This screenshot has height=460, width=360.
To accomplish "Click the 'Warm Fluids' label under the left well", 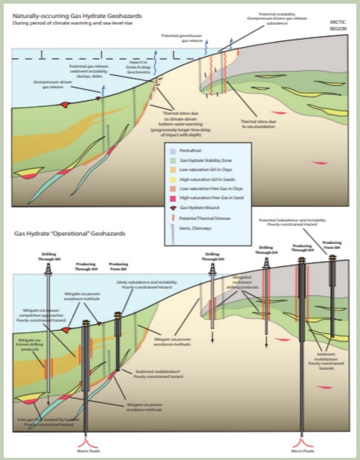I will click(87, 452).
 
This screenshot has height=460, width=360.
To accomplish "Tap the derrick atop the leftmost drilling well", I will click(48, 269).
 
